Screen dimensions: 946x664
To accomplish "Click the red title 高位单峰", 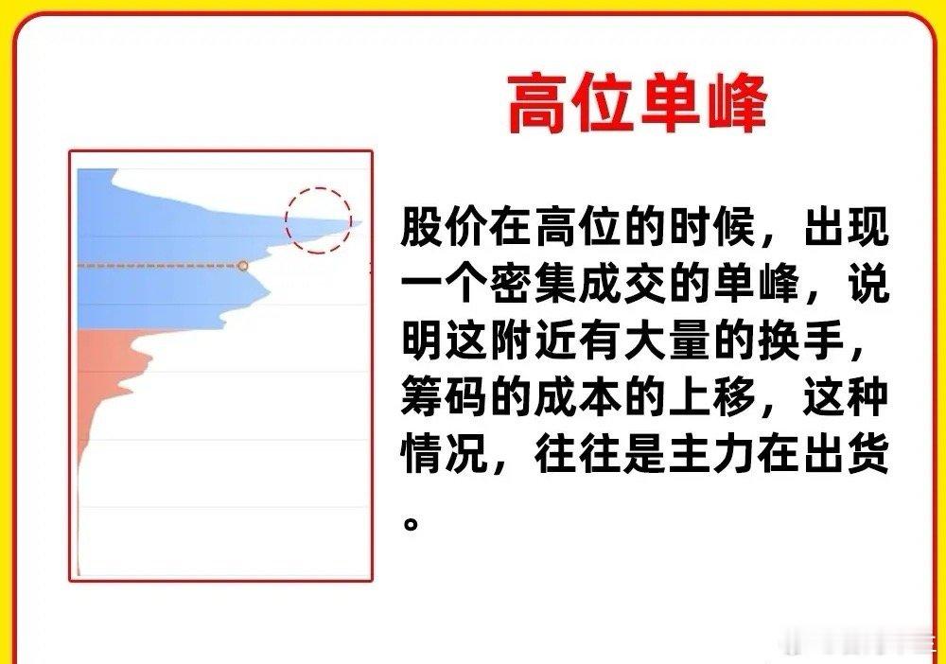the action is (637, 103).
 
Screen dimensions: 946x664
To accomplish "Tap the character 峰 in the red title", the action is (736, 103).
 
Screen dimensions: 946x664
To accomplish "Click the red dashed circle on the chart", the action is (318, 188).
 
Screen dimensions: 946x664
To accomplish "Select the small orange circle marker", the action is (242, 266).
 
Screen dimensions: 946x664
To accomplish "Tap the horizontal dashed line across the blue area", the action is (159, 266).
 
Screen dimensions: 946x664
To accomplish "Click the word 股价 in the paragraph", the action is (445, 228).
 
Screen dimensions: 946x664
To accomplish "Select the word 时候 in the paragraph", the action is (712, 228).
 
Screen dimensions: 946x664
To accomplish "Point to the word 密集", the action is (534, 284).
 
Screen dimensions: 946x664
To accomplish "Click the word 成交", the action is (623, 284).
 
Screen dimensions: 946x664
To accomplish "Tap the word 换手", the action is (802, 341).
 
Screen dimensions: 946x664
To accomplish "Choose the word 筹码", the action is (445, 397).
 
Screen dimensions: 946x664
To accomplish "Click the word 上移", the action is (712, 397).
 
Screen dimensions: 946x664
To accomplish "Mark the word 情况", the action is (445, 453).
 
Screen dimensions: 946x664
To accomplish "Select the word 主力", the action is (712, 453).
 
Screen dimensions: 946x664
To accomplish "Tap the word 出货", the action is (847, 453).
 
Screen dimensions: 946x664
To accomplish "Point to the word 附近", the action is (534, 341).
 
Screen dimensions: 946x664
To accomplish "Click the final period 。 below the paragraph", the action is (411, 523).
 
